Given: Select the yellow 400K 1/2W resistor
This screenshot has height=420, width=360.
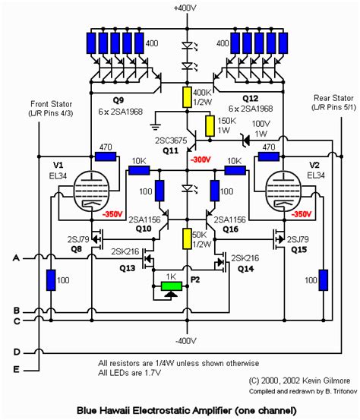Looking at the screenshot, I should pos(187,96).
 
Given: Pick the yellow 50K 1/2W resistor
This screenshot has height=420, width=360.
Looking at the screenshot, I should pos(187,237).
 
